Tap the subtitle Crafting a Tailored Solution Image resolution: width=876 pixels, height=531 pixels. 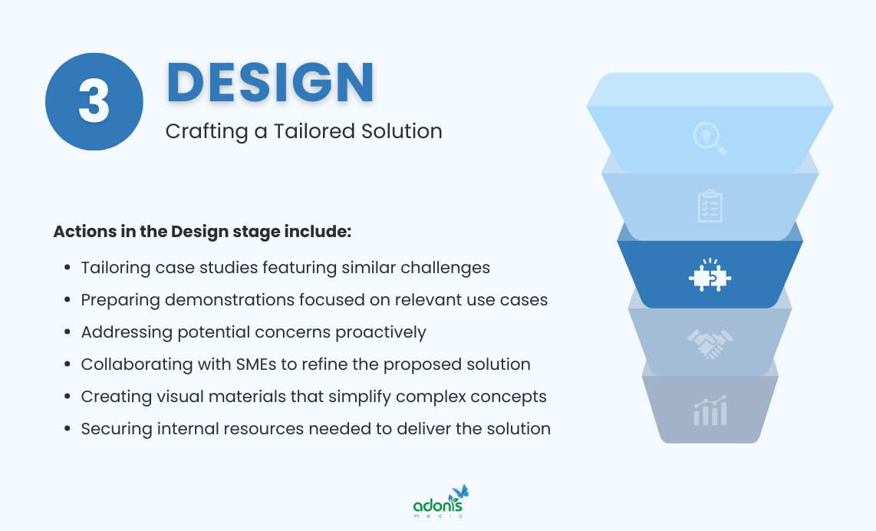[x=304, y=131]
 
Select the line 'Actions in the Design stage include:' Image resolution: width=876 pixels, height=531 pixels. [x=202, y=231]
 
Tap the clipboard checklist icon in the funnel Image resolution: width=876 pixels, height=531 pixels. [x=710, y=206]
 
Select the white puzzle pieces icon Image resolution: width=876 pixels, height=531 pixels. [x=710, y=275]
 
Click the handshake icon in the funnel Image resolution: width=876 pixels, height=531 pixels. [x=710, y=344]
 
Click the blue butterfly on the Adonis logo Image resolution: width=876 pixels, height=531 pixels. [x=460, y=491]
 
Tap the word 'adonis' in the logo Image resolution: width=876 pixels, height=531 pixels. [x=437, y=506]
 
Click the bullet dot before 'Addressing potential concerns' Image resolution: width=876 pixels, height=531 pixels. [x=67, y=333]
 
